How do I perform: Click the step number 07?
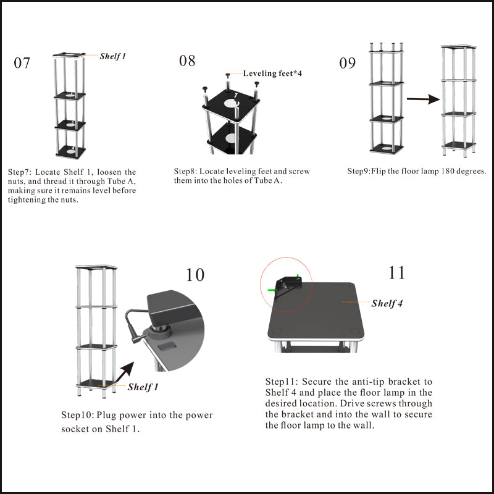[x=22, y=64]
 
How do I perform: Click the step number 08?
[x=187, y=61]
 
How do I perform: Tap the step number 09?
[x=348, y=63]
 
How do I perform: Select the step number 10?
[x=195, y=275]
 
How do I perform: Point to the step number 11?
[x=396, y=272]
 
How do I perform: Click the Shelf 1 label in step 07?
[x=112, y=56]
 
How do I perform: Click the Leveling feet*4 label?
[x=272, y=73]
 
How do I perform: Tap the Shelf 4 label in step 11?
[x=387, y=303]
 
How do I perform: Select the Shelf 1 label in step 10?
[x=143, y=387]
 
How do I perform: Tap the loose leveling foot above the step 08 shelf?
[x=228, y=75]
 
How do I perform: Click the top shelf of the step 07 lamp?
[x=69, y=55]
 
